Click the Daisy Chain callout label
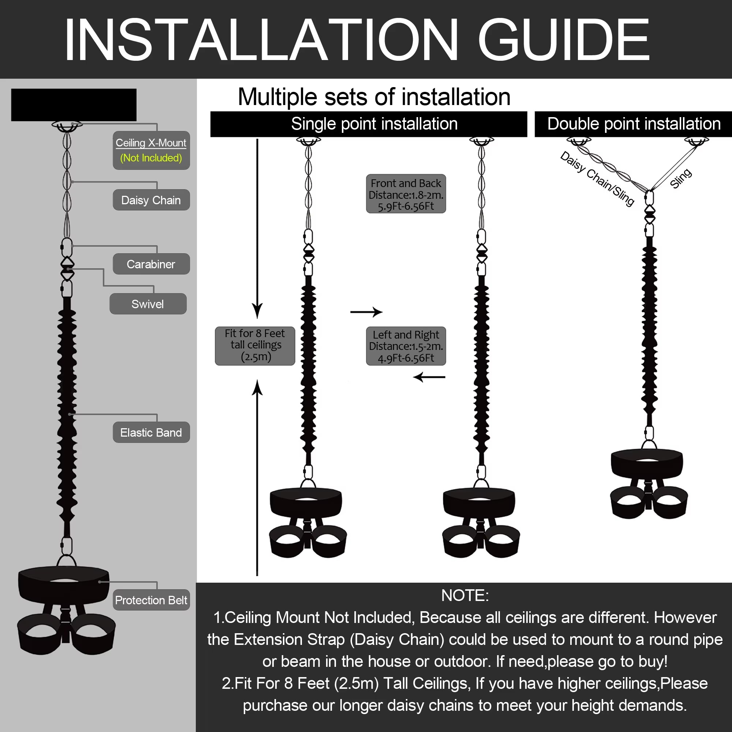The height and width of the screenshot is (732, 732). [x=151, y=200]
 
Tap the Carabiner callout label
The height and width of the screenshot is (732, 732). [x=151, y=264]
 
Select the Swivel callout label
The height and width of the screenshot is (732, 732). [x=148, y=304]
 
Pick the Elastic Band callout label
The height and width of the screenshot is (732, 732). [x=151, y=432]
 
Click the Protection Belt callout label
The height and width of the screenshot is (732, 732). [x=151, y=600]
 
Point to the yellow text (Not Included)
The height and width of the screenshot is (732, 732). [x=151, y=158]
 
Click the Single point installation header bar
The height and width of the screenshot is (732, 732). [x=368, y=124]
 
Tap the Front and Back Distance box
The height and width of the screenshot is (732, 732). [x=406, y=194]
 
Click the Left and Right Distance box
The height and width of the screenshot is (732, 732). [x=406, y=346]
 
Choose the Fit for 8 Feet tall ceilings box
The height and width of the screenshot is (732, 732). [x=255, y=346]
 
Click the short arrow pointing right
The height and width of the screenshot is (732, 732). [x=366, y=312]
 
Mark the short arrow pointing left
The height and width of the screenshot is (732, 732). [x=429, y=377]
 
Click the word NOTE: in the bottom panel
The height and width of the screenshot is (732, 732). [x=465, y=595]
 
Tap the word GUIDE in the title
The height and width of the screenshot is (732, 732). [x=564, y=40]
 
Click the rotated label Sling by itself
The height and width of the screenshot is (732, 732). [x=681, y=178]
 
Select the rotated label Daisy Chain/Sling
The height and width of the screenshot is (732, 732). [x=597, y=179]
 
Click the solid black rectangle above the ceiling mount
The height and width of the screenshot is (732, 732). [x=74, y=105]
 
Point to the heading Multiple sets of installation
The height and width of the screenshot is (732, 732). [x=374, y=97]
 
